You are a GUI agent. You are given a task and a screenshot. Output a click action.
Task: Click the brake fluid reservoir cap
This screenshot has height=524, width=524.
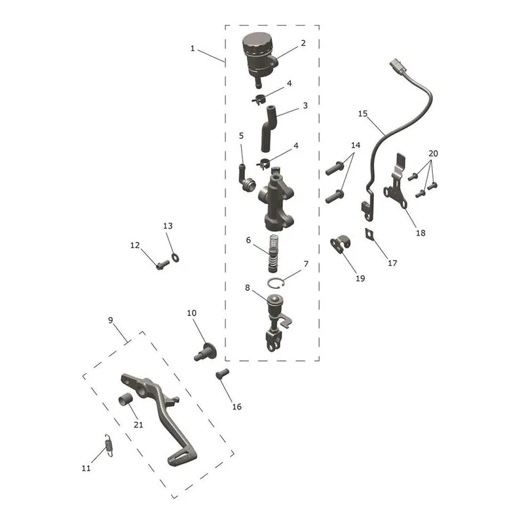coord(257,43)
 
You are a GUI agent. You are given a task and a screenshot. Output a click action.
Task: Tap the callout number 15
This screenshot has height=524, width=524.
coord(363,113)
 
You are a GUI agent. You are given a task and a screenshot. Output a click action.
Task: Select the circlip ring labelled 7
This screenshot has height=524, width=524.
coord(276,284)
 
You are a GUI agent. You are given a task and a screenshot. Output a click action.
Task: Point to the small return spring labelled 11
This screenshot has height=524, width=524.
coord(109,445)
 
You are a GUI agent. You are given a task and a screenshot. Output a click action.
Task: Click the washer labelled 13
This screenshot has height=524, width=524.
coord(175,257)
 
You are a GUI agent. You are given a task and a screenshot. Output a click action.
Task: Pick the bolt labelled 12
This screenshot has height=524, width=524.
coord(162,265)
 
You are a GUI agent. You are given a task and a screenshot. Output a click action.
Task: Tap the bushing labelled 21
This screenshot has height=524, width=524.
coord(126,400)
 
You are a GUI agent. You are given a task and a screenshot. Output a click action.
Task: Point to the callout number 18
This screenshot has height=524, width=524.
coord(421,233)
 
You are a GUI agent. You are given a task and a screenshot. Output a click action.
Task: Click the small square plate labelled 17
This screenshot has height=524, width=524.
coord(369,234)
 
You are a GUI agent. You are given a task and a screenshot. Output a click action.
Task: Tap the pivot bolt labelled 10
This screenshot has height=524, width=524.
coord(205,352)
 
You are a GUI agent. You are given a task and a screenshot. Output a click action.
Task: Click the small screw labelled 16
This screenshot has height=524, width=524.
coord(222,373)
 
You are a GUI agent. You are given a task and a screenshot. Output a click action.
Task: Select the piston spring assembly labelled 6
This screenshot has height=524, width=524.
coord(274,253)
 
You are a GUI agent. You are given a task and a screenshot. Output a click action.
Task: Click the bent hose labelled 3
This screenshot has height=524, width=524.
coord(269,128)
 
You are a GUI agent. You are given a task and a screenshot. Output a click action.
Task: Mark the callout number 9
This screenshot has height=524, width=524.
coord(111,320)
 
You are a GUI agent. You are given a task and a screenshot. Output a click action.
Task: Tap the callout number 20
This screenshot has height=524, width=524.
coord(433,153)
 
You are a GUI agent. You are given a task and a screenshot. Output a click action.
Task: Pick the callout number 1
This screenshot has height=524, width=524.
coord(193,48)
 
